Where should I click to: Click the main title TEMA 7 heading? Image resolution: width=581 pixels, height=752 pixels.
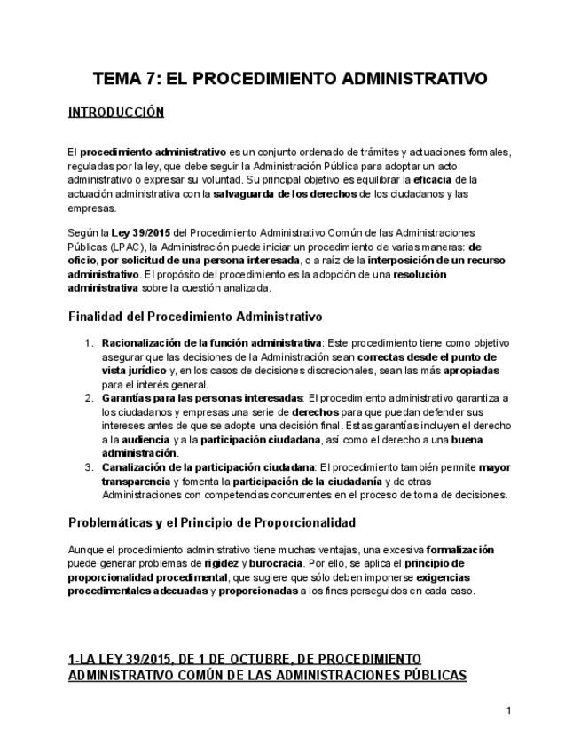pyautogui.click(x=290, y=79)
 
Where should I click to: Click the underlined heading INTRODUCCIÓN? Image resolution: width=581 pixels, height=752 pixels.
pyautogui.click(x=115, y=113)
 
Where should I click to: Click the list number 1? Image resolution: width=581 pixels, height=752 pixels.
pyautogui.click(x=88, y=342)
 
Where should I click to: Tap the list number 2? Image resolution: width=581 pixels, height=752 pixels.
pyautogui.click(x=88, y=398)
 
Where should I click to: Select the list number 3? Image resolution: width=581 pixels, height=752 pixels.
pyautogui.click(x=88, y=467)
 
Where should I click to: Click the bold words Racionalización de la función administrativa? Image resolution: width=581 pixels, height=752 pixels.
pyautogui.click(x=211, y=342)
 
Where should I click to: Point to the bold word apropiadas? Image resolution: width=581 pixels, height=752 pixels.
pyautogui.click(x=471, y=371)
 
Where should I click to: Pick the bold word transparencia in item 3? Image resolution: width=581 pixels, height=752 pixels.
pyautogui.click(x=137, y=482)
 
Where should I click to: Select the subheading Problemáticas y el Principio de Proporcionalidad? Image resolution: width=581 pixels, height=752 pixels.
pyautogui.click(x=212, y=522)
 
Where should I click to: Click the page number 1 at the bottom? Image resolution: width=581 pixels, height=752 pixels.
pyautogui.click(x=509, y=710)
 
